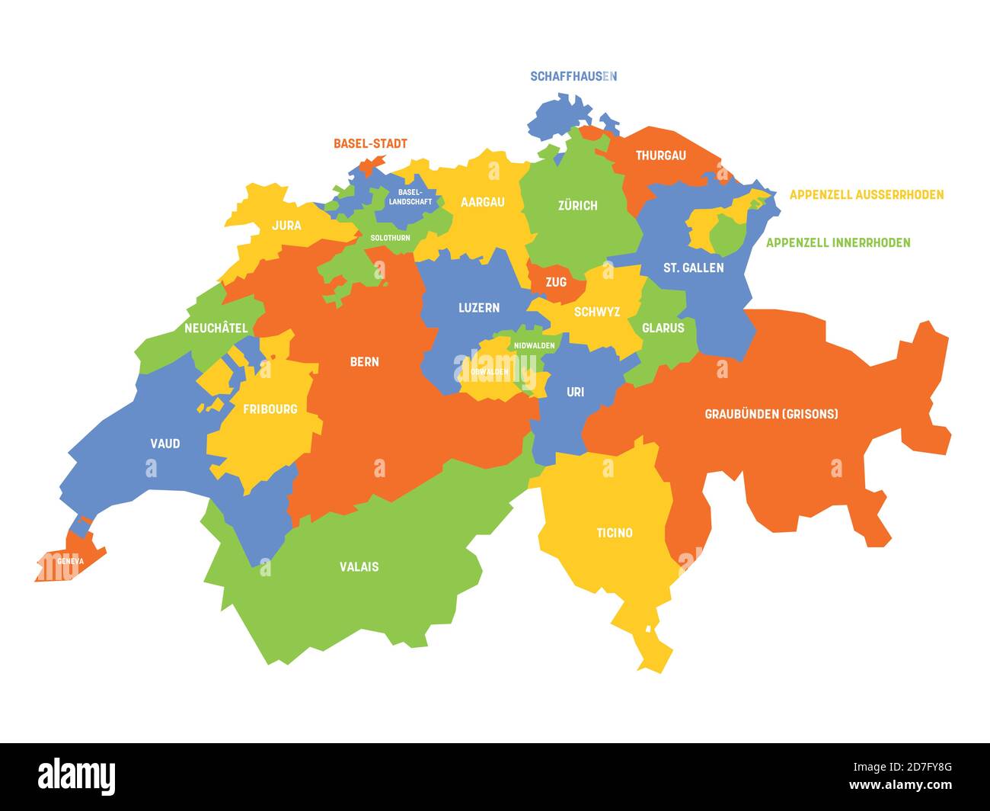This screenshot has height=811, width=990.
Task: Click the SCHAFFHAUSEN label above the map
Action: (x=573, y=76)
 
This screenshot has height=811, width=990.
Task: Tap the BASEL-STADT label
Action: (x=370, y=143)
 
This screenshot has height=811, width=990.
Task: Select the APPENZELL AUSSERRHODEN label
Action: (x=866, y=195)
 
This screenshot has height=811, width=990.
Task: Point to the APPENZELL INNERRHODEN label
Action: (x=838, y=243)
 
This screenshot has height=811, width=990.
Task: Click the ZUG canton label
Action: (x=556, y=282)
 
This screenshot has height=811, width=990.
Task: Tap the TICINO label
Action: (x=614, y=533)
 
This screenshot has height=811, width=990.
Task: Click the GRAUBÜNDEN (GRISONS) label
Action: (x=771, y=414)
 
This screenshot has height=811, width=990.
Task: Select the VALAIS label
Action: (x=359, y=566)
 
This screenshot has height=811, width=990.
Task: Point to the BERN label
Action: (x=364, y=361)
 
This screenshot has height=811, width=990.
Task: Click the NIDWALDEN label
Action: (x=534, y=345)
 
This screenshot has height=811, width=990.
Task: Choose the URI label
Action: (x=575, y=392)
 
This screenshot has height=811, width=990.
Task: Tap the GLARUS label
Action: (x=663, y=328)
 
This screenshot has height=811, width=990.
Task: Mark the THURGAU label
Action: (x=660, y=155)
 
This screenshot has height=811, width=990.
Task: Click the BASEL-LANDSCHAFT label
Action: (x=410, y=197)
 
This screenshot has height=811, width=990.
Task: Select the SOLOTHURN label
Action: (x=390, y=238)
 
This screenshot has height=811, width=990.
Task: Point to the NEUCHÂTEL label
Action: (x=216, y=328)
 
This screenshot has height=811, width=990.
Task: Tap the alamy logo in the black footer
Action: (x=77, y=777)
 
